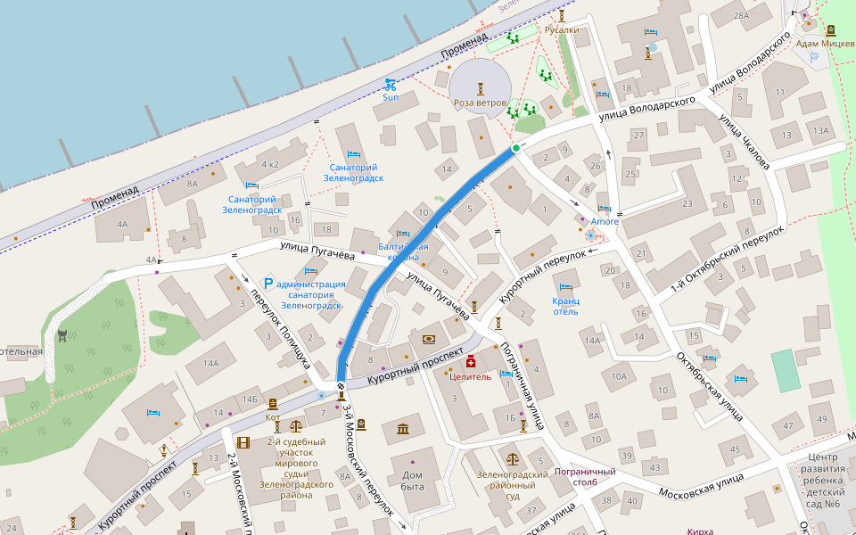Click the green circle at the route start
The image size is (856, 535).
point(515,148)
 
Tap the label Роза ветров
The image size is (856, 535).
point(481,103)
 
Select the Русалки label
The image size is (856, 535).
point(562,29)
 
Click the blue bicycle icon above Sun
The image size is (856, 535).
point(390,85)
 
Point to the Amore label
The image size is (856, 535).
point(604,221)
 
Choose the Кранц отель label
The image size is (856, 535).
point(565,306)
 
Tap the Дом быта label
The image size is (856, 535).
point(412,481)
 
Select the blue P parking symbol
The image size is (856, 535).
point(267,284)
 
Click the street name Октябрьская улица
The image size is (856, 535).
point(710,385)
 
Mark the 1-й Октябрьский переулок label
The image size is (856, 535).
point(728,258)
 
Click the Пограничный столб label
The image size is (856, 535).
point(585,477)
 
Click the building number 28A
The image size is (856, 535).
point(741,16)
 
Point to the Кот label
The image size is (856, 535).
point(273,417)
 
